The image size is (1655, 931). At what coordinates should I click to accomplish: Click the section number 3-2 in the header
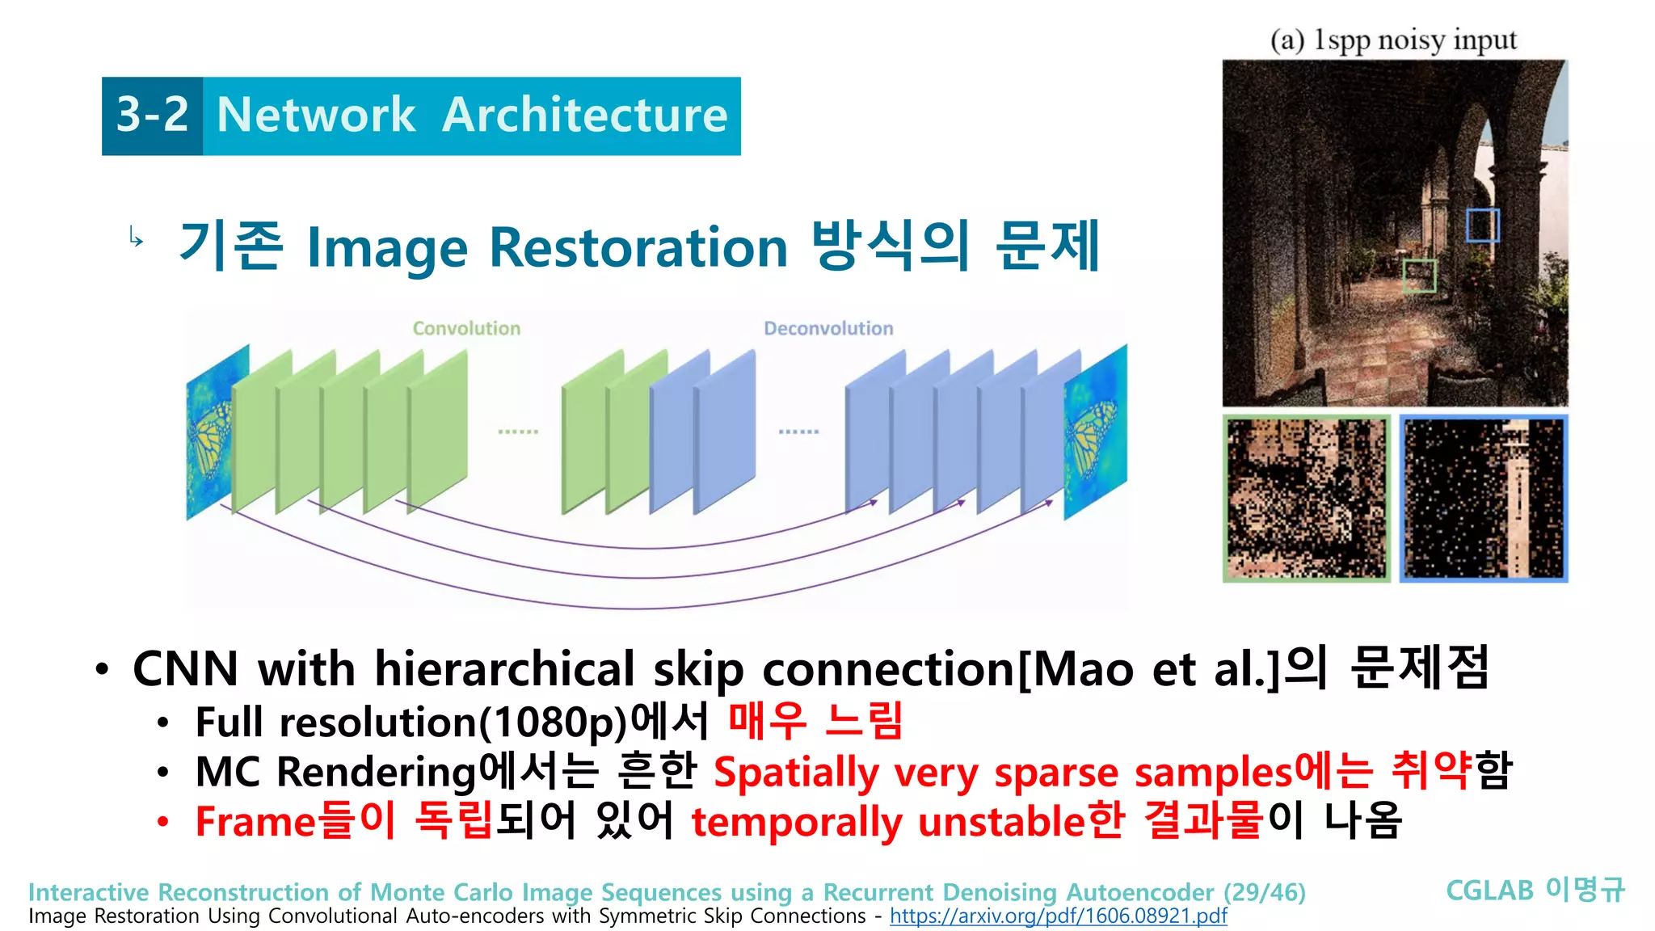pos(152,115)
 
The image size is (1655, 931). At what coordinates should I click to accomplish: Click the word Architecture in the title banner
pos(584,115)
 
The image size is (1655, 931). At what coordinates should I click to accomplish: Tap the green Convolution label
pos(466,328)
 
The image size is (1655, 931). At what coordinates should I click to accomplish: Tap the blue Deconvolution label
pos(828,328)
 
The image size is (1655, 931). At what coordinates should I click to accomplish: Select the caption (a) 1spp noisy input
pos(1393,40)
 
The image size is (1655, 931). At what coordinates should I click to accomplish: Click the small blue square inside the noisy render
pos(1483,225)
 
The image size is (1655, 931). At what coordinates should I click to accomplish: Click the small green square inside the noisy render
pos(1420,276)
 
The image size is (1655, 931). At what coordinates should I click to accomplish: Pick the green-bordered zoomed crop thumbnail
pos(1306,499)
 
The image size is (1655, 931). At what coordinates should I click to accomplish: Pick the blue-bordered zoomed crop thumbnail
pos(1484,499)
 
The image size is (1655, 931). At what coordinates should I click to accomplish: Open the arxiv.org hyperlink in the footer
pos(1058,916)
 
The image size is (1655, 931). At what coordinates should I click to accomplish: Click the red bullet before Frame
pos(163,823)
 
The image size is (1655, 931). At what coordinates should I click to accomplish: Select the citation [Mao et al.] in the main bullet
pos(1149,669)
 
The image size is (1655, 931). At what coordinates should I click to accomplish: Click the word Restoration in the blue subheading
pos(638,247)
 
